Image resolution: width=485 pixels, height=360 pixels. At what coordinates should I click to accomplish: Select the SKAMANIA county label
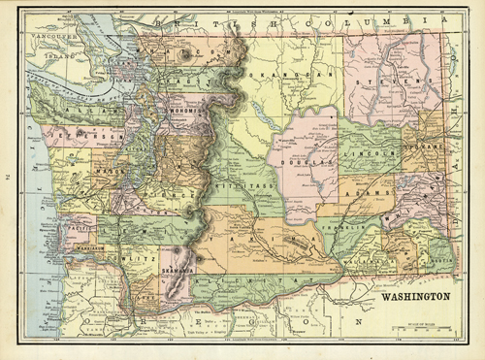(176, 270)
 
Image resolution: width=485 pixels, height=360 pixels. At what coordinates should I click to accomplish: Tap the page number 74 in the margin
(10, 178)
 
